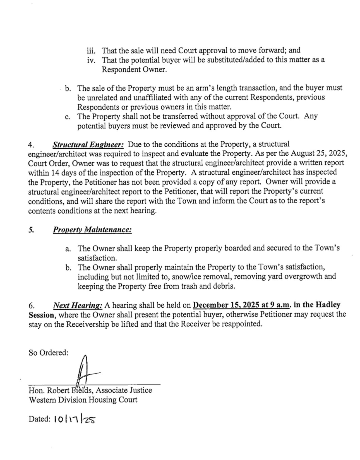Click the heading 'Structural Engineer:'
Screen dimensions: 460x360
(88, 145)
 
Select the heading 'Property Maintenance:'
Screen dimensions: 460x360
(92, 230)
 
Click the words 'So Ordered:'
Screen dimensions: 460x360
(49, 353)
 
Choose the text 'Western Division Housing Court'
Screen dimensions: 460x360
(83, 400)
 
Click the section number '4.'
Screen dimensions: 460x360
(31, 145)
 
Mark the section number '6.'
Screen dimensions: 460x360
(32, 305)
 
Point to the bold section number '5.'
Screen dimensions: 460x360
(31, 230)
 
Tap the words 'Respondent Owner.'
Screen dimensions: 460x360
(134, 69)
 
